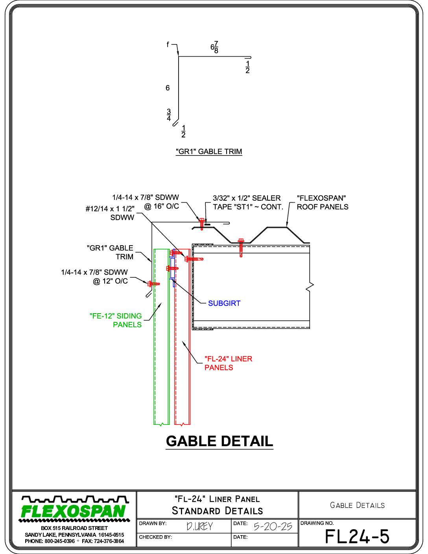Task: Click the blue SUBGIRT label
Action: (x=224, y=303)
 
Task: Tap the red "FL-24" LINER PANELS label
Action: (x=228, y=363)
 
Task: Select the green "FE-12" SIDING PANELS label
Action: (x=116, y=320)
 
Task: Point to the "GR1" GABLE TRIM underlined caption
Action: (x=209, y=151)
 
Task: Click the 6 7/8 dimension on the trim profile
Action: (x=214, y=47)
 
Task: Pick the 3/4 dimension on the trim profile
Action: (x=169, y=115)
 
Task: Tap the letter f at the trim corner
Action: (x=168, y=44)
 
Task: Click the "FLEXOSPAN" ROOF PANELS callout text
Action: (x=323, y=202)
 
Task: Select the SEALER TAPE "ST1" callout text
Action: (x=248, y=202)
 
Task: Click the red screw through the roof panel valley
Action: (x=241, y=247)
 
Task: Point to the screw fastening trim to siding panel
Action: (x=153, y=283)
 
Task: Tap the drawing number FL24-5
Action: (x=357, y=536)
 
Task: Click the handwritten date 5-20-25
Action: (x=273, y=526)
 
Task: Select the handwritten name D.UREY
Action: (x=199, y=526)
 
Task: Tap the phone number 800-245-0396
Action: (x=60, y=541)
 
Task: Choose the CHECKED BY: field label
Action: (x=155, y=537)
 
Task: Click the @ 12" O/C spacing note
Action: (x=110, y=281)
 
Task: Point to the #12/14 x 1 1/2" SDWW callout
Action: (x=110, y=213)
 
